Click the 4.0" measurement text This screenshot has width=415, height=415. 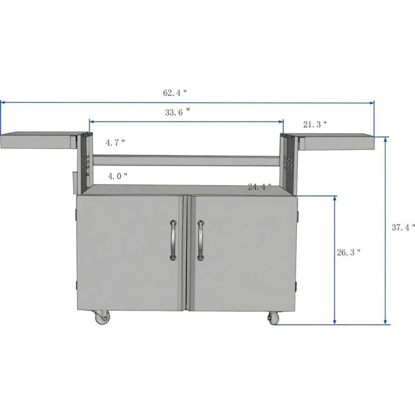click(x=117, y=176)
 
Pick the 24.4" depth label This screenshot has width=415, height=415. click(x=259, y=186)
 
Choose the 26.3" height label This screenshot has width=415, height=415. click(x=349, y=253)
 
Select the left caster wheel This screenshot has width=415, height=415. click(x=102, y=317)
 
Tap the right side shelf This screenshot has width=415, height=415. click(x=337, y=141)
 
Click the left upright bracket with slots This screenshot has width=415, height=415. click(x=84, y=162)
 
